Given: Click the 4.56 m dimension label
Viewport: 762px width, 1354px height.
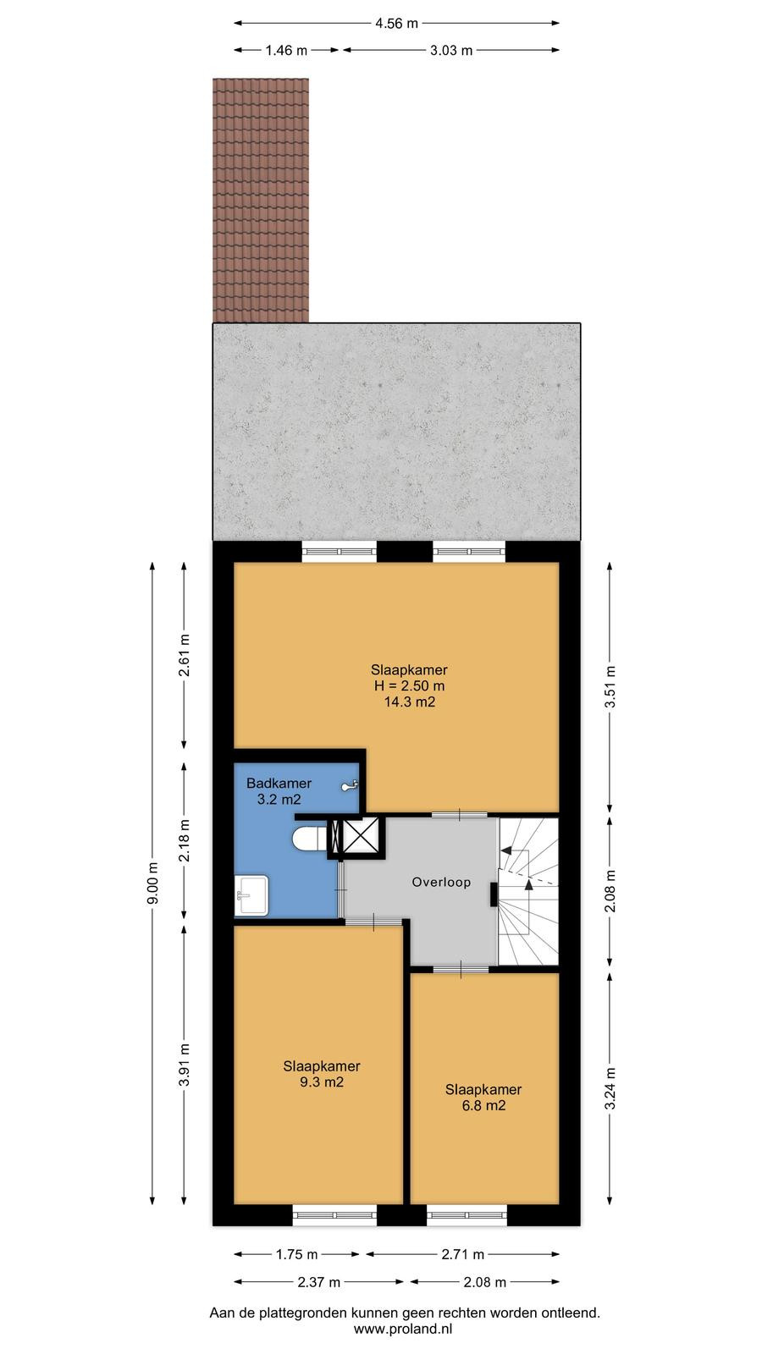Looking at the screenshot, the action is tap(396, 24).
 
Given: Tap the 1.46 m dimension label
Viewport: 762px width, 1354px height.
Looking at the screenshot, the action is tap(286, 51).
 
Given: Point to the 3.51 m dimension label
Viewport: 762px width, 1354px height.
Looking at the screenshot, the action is tap(610, 686).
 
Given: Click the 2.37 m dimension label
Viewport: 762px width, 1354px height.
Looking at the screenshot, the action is tap(318, 1281).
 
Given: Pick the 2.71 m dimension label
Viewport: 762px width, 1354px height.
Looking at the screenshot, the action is tap(462, 1254).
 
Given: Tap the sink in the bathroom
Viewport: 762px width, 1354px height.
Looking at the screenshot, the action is tap(251, 895).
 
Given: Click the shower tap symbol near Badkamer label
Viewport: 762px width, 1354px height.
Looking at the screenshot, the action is tap(351, 785).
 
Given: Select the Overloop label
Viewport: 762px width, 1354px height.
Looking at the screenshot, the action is tap(441, 882).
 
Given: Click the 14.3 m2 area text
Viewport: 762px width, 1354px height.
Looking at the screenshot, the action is tap(410, 702).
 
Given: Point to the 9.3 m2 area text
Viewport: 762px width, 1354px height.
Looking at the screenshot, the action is tap(322, 1082).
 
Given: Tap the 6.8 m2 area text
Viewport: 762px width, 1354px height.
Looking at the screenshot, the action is tap(483, 1105).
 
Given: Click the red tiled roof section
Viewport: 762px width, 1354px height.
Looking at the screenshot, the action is tap(261, 200).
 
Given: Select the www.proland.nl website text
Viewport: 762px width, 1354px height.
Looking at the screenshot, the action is tap(403, 1329).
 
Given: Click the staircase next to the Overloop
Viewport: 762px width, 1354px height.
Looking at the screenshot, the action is tap(528, 890).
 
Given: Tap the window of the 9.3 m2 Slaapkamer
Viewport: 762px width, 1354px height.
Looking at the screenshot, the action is tap(334, 1215).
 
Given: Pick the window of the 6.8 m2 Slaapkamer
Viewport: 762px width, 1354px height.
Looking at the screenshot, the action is tap(467, 1215).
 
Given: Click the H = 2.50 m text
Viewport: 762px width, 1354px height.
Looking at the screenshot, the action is tap(410, 686).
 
